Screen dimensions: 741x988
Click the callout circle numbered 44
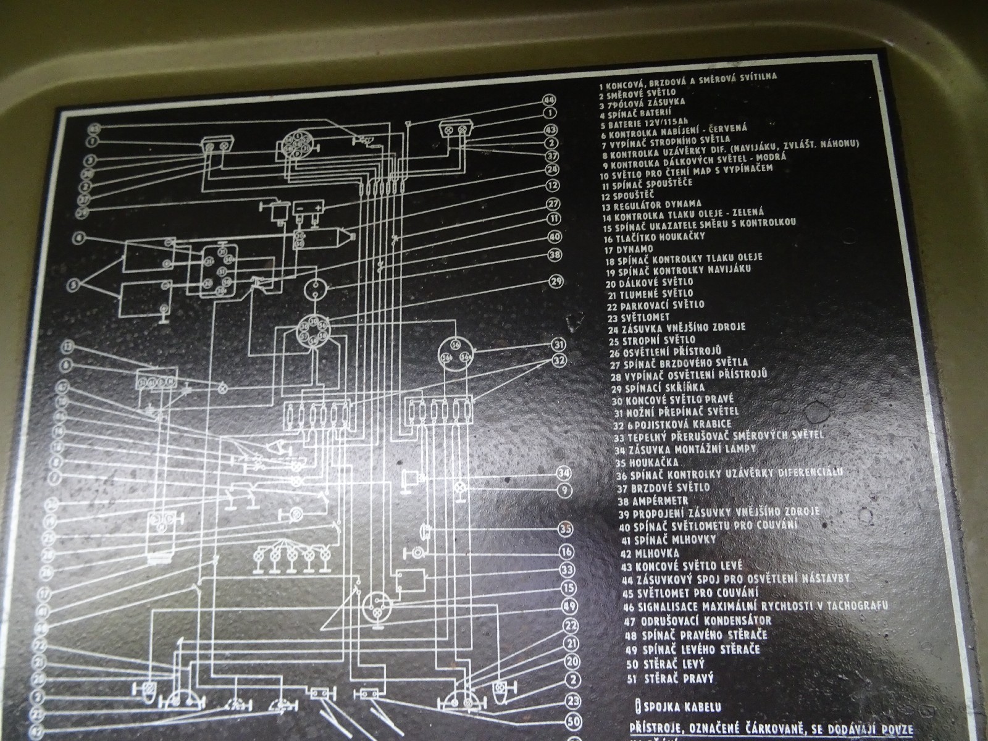pyautogui.click(x=549, y=101)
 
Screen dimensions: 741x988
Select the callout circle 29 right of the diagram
pyautogui.click(x=556, y=282)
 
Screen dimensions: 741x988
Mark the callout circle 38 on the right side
pyautogui.click(x=555, y=254)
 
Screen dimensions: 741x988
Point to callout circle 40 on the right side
pyautogui.click(x=555, y=236)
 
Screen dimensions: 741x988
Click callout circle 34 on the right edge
pyautogui.click(x=563, y=474)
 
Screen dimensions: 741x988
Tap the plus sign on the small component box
pyautogui.click(x=318, y=208)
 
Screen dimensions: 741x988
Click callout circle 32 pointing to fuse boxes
pyautogui.click(x=559, y=359)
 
